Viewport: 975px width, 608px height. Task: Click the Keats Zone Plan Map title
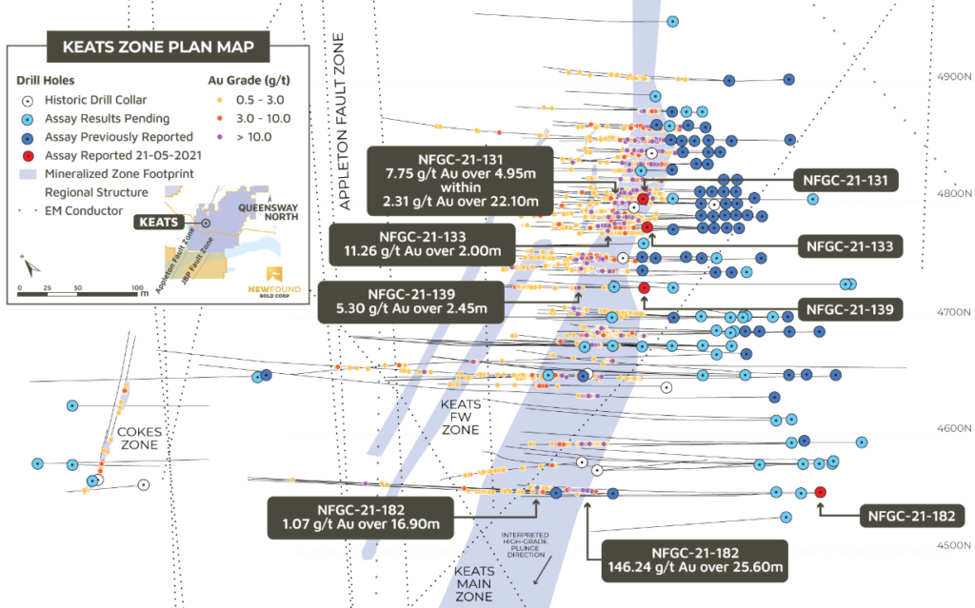[159, 46]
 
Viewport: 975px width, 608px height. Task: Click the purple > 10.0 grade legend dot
[220, 137]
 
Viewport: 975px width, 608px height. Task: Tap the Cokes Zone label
[140, 438]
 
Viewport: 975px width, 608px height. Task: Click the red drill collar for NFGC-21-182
[821, 492]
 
